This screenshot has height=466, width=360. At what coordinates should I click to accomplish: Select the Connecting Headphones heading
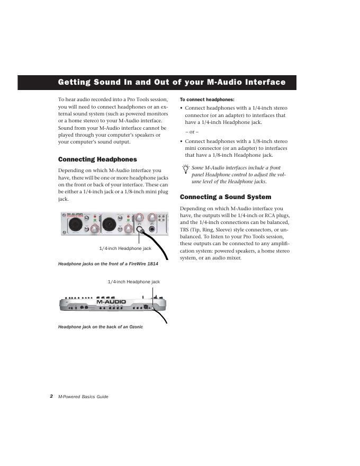(x=97, y=159)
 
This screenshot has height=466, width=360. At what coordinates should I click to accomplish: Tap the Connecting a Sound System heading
(x=226, y=197)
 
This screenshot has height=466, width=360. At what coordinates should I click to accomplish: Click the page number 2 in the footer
(x=51, y=396)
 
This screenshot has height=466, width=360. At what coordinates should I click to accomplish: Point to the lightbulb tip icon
(x=185, y=169)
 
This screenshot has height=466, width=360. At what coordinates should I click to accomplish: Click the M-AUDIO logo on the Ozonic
(x=111, y=302)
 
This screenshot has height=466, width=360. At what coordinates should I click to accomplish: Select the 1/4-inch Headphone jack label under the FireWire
(x=125, y=248)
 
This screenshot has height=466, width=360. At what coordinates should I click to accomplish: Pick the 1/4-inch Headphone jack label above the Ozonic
(x=133, y=282)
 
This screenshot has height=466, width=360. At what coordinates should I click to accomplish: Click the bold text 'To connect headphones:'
(x=207, y=100)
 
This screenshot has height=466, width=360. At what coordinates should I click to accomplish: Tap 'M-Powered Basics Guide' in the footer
(x=83, y=397)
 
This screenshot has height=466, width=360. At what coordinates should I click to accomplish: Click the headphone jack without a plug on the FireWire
(x=153, y=229)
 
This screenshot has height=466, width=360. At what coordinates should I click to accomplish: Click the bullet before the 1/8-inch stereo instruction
(x=182, y=141)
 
